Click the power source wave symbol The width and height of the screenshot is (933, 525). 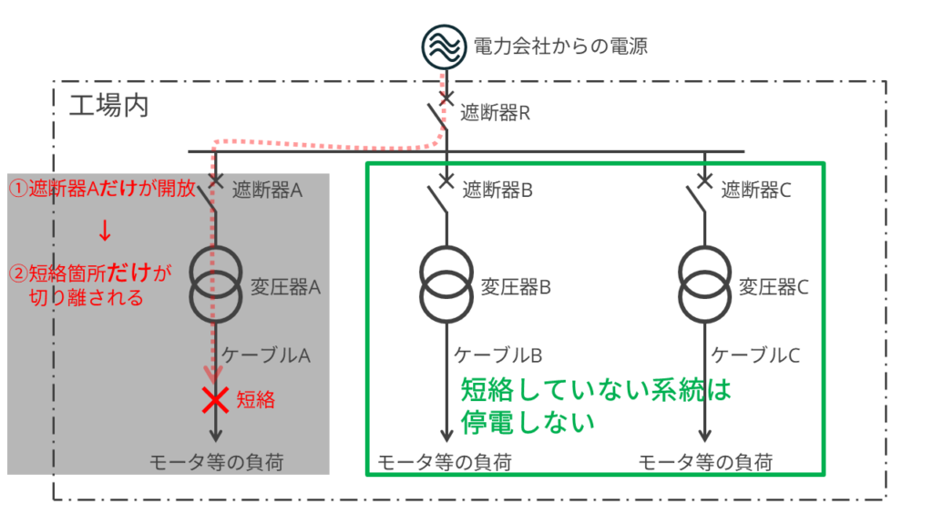click(446, 45)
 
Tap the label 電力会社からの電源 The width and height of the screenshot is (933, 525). click(560, 46)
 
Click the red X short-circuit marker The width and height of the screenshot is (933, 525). click(216, 399)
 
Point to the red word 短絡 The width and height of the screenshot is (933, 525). click(256, 399)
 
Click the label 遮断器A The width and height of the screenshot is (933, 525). click(267, 190)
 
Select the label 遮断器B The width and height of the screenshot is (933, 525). click(497, 190)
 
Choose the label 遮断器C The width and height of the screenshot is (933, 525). click(756, 190)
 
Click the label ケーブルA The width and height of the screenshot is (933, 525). click(266, 355)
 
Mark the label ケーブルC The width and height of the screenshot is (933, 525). click(755, 355)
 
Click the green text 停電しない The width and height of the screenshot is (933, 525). click(528, 423)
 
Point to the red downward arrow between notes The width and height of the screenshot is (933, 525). click(105, 232)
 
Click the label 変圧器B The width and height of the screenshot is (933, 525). click(516, 286)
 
